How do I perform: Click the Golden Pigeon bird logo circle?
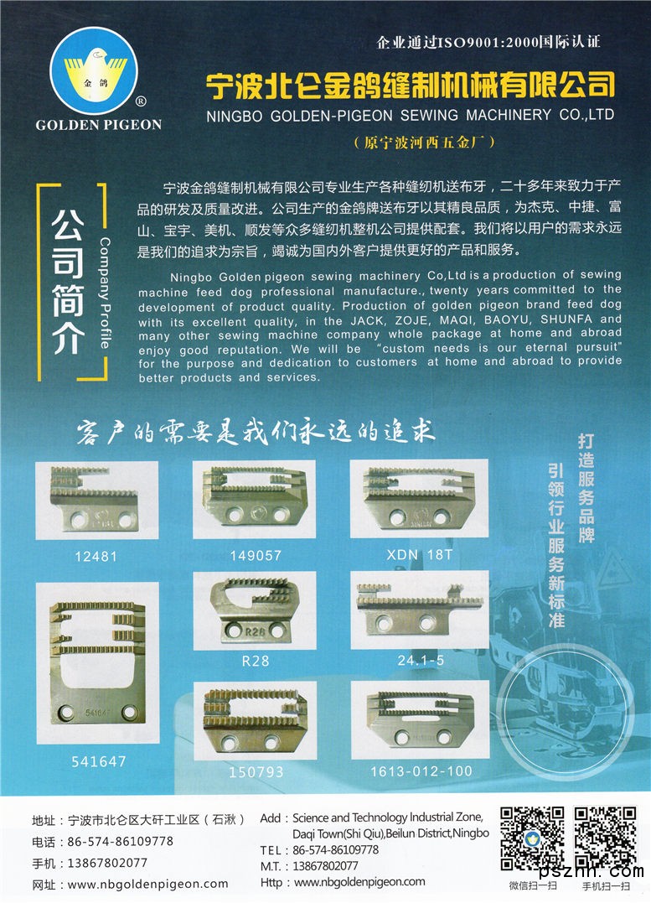point(94,70)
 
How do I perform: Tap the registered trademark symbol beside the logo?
point(140,101)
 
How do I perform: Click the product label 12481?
point(96,557)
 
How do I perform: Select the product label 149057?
point(256,556)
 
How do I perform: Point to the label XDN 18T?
point(420,554)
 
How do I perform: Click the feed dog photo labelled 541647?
point(97,662)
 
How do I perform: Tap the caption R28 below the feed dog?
point(255,661)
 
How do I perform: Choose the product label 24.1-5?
point(421,660)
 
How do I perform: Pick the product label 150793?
point(256,771)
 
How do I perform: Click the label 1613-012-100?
point(421,771)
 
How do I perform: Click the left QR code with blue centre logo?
point(532,838)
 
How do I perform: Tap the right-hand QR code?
point(605,838)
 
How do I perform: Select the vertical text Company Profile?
point(104,293)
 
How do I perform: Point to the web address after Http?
point(359,882)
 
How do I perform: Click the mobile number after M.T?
point(325,866)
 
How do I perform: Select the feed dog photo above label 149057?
point(255,500)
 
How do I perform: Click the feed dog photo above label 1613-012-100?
point(421,720)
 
